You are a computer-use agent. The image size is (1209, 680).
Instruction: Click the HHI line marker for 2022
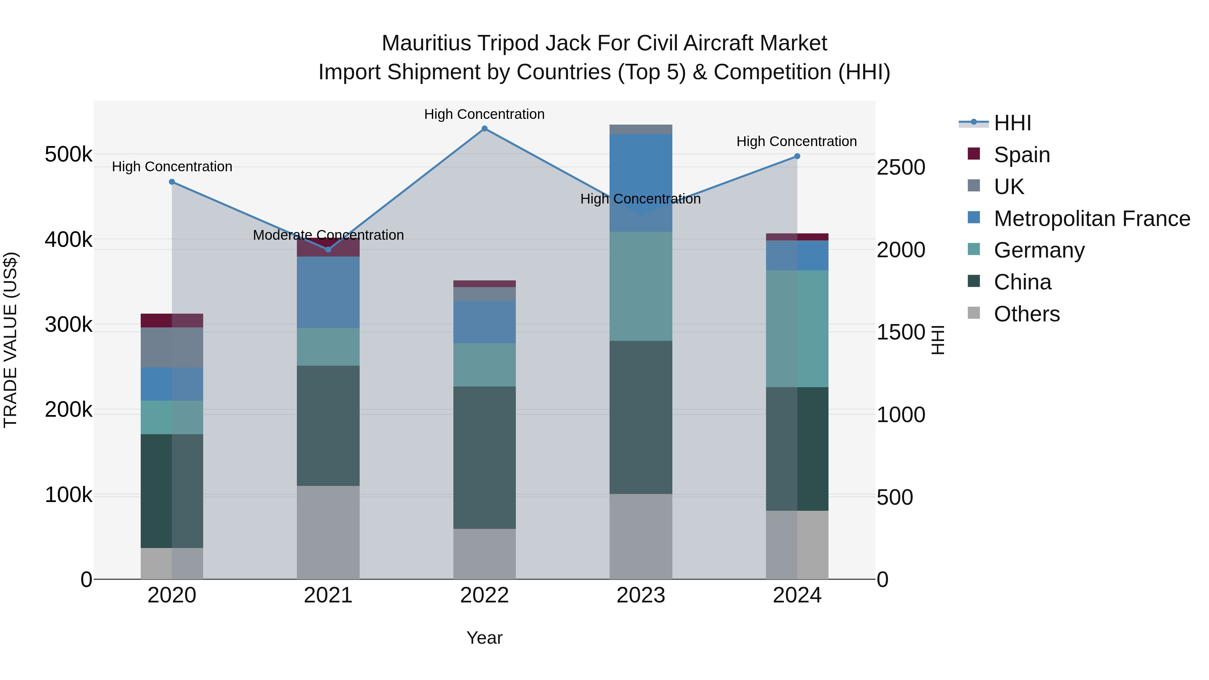[484, 128]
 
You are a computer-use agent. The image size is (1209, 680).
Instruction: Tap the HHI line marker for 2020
[172, 182]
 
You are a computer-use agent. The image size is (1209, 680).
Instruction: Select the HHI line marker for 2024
[797, 156]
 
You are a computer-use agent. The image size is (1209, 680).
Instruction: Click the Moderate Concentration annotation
[328, 235]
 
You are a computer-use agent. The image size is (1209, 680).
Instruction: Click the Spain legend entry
[1021, 155]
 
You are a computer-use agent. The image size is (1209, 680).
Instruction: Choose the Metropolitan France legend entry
[1092, 219]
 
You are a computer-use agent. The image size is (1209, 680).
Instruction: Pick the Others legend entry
[1026, 314]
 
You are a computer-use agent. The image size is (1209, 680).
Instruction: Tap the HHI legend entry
[1012, 123]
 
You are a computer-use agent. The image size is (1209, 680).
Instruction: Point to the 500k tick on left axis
[69, 154]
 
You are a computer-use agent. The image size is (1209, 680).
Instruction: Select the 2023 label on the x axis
[641, 595]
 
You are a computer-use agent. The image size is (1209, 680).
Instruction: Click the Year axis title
[484, 638]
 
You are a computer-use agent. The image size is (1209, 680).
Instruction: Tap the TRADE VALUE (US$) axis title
[10, 340]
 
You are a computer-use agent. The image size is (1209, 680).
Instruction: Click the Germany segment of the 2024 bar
[797, 328]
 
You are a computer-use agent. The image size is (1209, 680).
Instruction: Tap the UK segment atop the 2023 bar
[641, 129]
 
